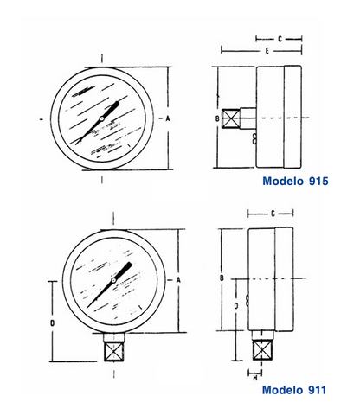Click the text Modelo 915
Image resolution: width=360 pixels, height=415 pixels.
[x=295, y=181]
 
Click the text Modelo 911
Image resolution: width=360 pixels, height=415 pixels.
[x=294, y=390]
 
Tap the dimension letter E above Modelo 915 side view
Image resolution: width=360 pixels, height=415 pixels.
[x=267, y=51]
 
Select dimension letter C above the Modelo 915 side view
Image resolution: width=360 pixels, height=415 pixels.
[x=280, y=39]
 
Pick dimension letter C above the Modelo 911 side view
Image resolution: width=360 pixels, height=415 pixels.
[x=273, y=214]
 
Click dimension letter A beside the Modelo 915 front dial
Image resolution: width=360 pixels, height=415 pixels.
[x=168, y=118]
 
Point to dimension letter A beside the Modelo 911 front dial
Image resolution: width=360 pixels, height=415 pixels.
[x=178, y=280]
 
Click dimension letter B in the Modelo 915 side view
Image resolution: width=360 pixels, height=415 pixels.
[x=217, y=118]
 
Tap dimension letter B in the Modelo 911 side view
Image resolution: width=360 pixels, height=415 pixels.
[x=222, y=278]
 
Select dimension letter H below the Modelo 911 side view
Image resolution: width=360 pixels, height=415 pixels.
[x=255, y=378]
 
